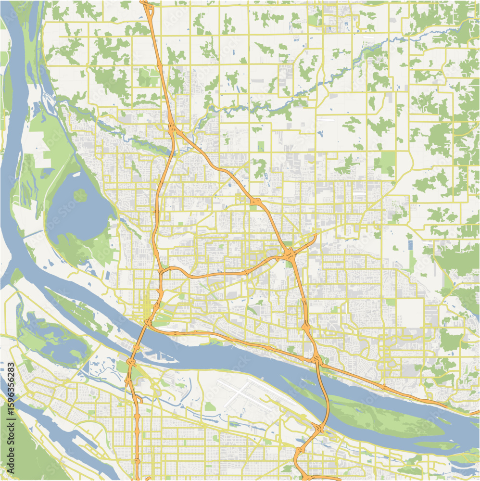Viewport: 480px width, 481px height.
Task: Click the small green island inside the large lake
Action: pyautogui.click(x=80, y=195)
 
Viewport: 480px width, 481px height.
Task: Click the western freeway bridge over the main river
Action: pyautogui.click(x=140, y=339)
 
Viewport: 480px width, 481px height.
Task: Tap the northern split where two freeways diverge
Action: pyautogui.click(x=174, y=129)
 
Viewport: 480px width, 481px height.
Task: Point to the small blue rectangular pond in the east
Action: pyautogui.click(x=410, y=244)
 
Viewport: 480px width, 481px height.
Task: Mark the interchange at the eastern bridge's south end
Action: pyautogui.click(x=317, y=428)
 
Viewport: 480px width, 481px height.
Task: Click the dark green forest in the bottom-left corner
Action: pyautogui.click(x=24, y=452)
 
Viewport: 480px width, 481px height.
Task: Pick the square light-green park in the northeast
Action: pyautogui.click(x=385, y=163)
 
